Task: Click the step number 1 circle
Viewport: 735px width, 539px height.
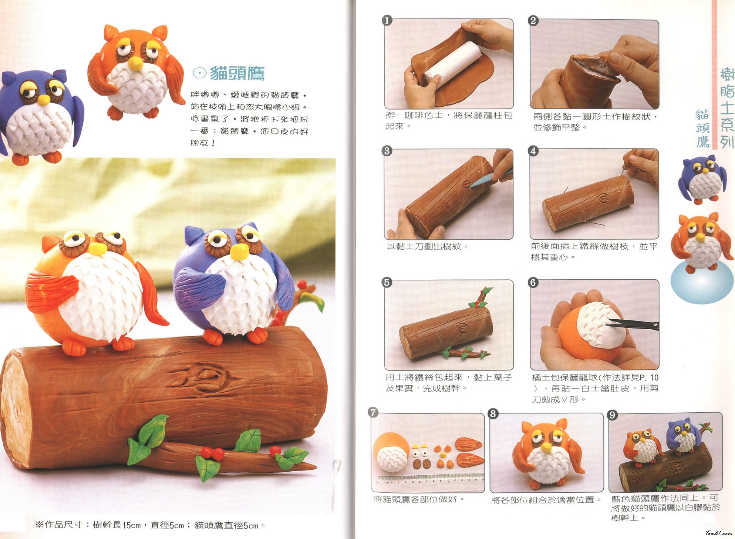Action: click(387, 20)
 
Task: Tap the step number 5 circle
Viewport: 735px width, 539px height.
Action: click(387, 282)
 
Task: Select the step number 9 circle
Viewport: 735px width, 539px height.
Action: click(613, 415)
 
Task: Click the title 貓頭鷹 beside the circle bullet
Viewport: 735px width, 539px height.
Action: click(237, 73)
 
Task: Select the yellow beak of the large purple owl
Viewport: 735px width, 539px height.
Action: click(239, 252)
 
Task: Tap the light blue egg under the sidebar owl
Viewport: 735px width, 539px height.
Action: click(701, 282)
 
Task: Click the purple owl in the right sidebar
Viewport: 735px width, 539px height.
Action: click(699, 180)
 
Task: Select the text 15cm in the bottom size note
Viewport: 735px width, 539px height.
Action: click(132, 525)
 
